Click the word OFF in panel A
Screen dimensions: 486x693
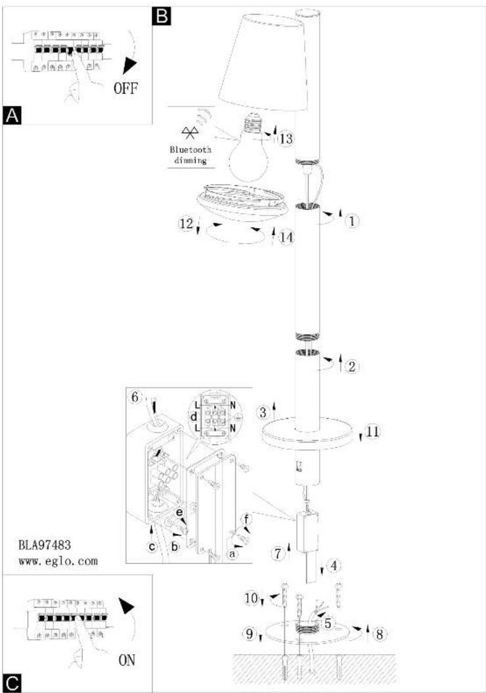point(126,88)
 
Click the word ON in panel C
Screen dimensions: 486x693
point(127,660)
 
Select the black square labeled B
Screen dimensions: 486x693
point(161,16)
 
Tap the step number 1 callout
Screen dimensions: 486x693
point(352,220)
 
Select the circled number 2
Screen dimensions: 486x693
point(352,366)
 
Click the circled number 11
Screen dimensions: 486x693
point(373,431)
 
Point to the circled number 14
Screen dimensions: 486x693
point(286,237)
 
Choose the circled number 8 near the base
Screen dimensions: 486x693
point(379,634)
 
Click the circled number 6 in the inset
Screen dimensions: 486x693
point(135,397)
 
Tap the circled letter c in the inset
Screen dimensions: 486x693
point(152,547)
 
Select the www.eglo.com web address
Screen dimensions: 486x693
point(58,562)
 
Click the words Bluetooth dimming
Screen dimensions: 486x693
point(190,155)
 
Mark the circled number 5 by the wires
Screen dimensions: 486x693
point(328,623)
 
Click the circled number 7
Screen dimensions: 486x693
point(278,554)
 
